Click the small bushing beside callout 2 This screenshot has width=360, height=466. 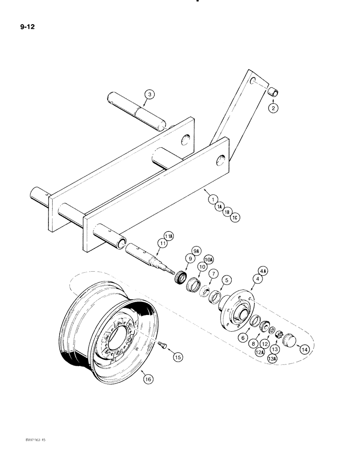click(x=273, y=92)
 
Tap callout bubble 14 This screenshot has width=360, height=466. click(x=304, y=348)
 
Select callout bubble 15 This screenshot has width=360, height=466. click(x=178, y=357)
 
